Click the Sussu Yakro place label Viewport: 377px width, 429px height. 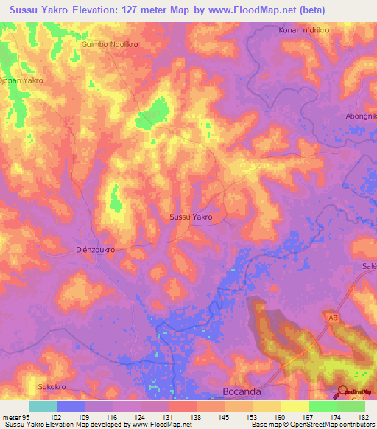(191, 217)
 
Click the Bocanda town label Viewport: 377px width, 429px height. (242, 392)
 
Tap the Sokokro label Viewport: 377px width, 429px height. (52, 386)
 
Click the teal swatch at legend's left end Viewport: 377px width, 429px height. (43, 406)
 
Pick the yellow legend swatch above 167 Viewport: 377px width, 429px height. (295, 406)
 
